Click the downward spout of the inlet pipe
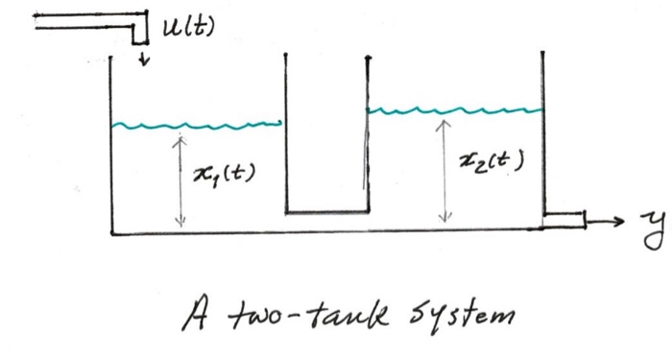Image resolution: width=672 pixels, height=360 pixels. coord(140,33)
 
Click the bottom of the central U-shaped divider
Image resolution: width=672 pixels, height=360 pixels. coord(327,211)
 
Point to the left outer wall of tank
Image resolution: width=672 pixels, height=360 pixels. coord(112,144)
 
